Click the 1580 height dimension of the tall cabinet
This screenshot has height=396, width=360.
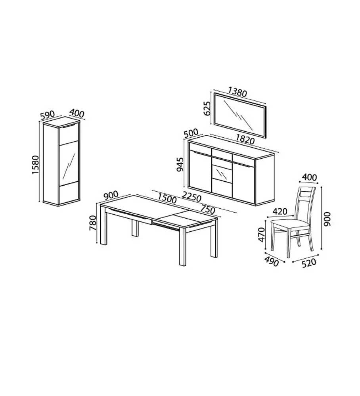(35, 164)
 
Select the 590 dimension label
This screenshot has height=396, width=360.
(48, 115)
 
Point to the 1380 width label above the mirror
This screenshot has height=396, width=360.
(237, 92)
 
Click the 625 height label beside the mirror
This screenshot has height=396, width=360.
(207, 108)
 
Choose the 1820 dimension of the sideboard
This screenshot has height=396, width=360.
(245, 139)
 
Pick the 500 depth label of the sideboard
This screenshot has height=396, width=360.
(191, 133)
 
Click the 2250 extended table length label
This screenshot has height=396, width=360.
(192, 197)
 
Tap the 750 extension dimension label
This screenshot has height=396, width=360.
(208, 210)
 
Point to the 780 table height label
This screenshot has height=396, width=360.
(93, 223)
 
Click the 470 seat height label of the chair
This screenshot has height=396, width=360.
(261, 235)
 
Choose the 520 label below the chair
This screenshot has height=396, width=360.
(309, 263)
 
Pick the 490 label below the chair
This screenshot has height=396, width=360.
(272, 262)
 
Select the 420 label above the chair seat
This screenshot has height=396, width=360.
(280, 211)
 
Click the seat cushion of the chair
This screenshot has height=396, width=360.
(290, 224)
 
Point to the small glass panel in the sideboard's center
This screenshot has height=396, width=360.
(222, 173)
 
